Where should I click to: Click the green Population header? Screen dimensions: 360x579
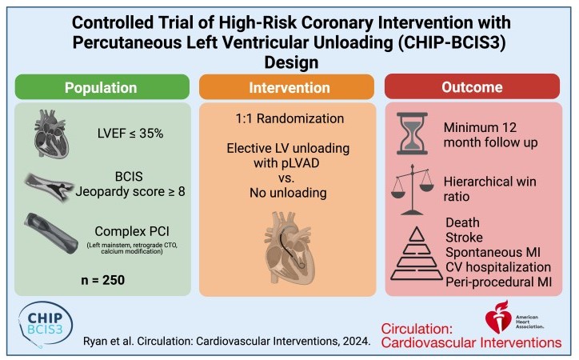(x=100, y=87)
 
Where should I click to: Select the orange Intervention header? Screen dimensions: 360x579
(x=290, y=87)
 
